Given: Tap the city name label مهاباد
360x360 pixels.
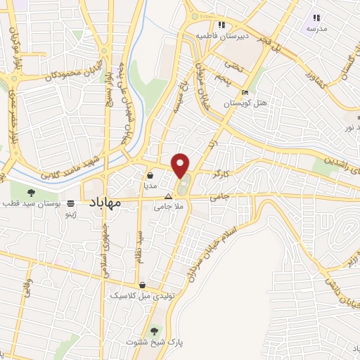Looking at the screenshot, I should (x=105, y=202).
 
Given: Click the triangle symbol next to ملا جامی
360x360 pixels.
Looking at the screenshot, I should (x=168, y=198).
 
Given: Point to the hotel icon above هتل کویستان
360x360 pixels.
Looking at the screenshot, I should (x=245, y=93).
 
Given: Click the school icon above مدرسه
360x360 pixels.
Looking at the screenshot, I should (x=316, y=18).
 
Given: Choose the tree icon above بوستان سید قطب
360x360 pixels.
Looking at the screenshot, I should (x=30, y=192).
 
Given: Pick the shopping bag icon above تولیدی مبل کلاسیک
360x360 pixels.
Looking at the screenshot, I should (x=143, y=285).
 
